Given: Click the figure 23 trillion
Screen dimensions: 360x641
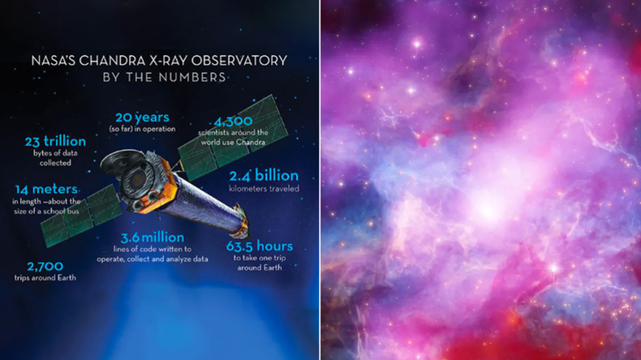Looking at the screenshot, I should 54,143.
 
